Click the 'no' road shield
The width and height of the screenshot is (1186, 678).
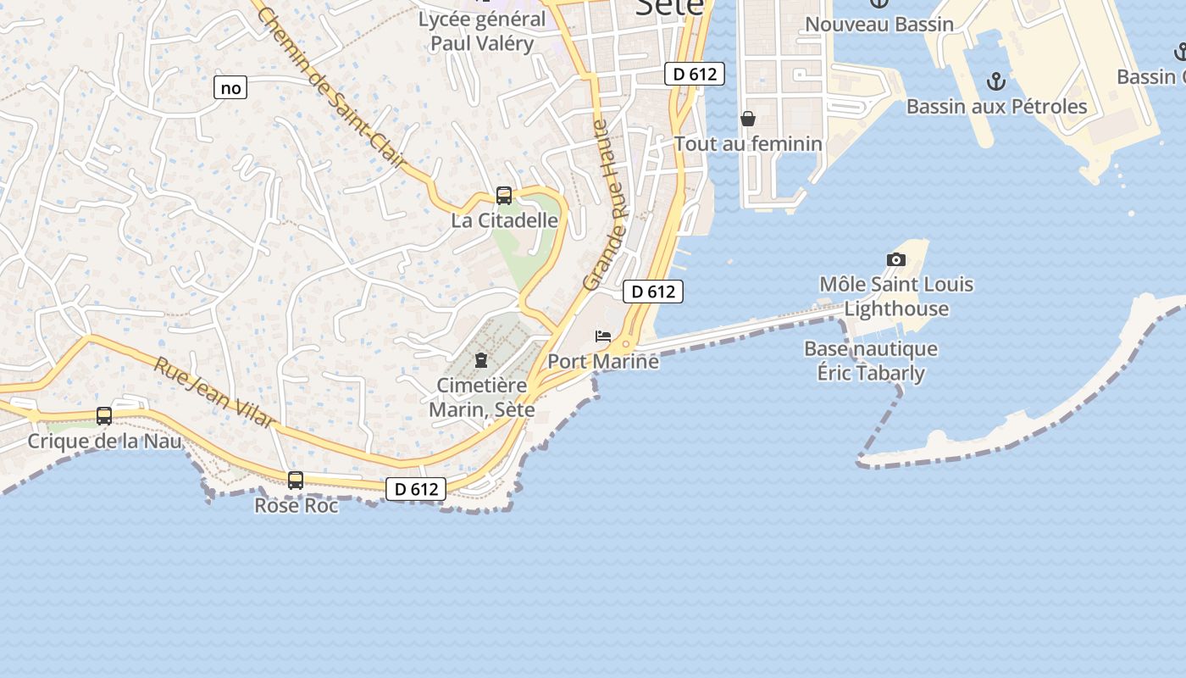click(230, 87)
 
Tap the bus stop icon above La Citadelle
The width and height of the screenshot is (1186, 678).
click(504, 197)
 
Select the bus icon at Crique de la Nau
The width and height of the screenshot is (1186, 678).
click(104, 416)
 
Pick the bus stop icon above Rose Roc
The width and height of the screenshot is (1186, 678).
click(296, 481)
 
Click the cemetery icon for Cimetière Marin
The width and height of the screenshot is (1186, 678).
click(481, 360)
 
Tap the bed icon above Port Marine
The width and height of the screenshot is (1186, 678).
click(603, 336)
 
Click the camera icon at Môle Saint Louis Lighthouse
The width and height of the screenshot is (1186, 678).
click(895, 259)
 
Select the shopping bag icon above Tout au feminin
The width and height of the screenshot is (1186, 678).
click(748, 119)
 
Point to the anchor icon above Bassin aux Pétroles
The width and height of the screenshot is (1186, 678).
click(996, 81)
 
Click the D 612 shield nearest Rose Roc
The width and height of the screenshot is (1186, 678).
click(416, 489)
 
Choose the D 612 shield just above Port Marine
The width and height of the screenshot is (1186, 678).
click(653, 292)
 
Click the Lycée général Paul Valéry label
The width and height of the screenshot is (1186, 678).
click(482, 31)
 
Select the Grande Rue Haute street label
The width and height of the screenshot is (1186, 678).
click(607, 205)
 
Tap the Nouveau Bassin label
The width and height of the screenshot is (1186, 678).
click(879, 25)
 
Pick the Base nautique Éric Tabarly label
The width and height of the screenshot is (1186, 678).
click(871, 361)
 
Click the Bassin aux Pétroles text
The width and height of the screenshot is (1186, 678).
click(996, 107)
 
